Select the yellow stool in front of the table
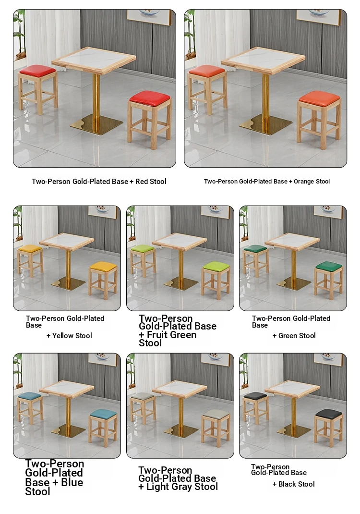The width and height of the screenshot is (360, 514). pyautogui.click(x=103, y=280)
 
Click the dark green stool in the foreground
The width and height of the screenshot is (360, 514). pyautogui.click(x=328, y=280)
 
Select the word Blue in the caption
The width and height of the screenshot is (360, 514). pyautogui.click(x=72, y=482)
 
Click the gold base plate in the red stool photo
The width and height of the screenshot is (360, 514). pyautogui.click(x=96, y=124)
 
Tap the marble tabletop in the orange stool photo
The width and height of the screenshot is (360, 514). pyautogui.click(x=264, y=59)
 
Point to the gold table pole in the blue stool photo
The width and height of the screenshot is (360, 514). pyautogui.click(x=68, y=414)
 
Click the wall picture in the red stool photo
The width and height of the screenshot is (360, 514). pyautogui.click(x=149, y=16)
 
